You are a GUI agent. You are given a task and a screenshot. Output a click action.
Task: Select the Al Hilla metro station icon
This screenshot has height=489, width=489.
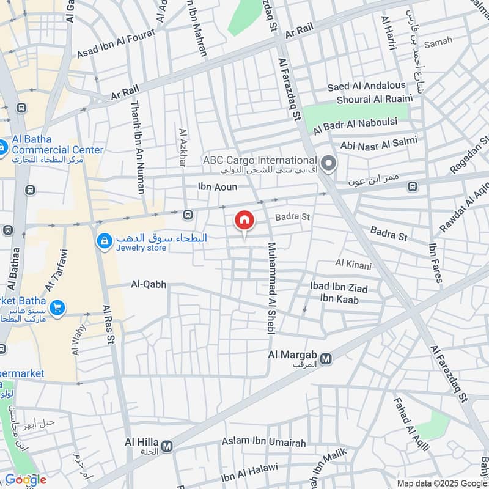tap(166, 446)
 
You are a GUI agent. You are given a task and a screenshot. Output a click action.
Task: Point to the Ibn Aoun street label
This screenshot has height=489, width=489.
tap(217, 187)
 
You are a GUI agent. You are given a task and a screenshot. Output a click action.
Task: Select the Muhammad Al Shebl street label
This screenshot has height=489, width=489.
tap(271, 288)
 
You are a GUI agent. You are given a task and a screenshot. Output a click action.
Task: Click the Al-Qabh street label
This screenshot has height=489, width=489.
tap(149, 284)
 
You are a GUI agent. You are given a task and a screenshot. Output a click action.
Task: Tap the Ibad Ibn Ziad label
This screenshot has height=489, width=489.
tap(339, 287)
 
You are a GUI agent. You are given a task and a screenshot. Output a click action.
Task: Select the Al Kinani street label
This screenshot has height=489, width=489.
tap(349, 263)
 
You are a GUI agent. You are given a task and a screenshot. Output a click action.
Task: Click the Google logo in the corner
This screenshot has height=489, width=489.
tap(26, 480)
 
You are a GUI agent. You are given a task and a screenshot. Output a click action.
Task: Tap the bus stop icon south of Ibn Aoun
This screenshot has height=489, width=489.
tap(187, 214)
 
